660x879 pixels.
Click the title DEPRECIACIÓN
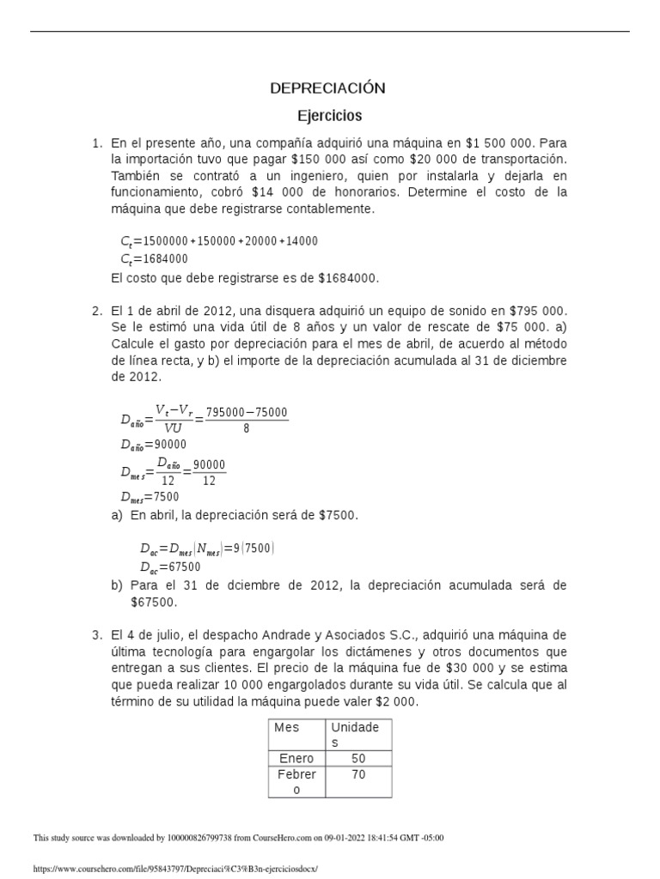point(327,88)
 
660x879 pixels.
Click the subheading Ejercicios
point(329,115)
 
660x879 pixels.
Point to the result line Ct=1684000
point(155,258)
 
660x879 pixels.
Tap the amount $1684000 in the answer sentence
point(347,278)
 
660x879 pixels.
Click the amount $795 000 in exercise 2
point(539,311)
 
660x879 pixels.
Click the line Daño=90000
point(154,445)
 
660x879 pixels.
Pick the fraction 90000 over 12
point(209,472)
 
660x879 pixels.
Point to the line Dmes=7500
point(150,497)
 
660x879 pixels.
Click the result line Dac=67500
point(170,567)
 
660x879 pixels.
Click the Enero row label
point(296,759)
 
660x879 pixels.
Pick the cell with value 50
point(358,759)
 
